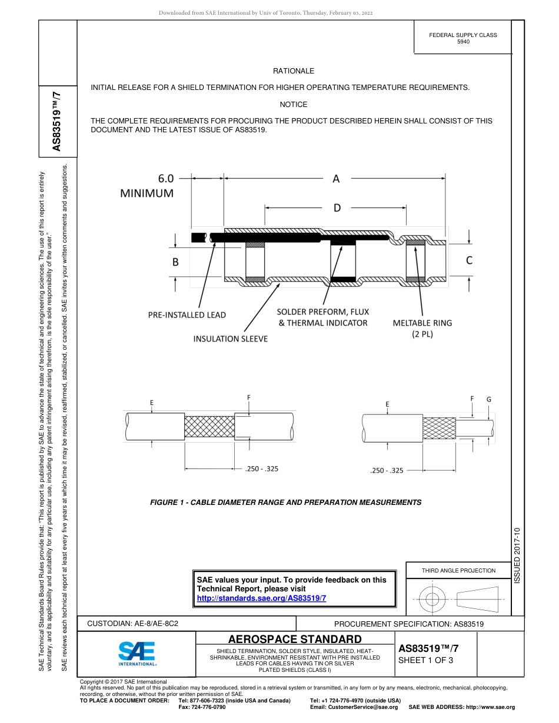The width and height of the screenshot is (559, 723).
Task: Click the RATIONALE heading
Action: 293,71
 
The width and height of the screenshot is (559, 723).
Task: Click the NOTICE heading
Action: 293,105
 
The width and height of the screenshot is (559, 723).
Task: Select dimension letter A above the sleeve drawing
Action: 336,179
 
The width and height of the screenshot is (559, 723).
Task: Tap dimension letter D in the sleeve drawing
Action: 337,207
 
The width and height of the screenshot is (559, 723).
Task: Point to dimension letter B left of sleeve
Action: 175,262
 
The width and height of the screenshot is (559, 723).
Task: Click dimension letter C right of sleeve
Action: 469,260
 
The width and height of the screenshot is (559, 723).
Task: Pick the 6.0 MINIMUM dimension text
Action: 148,185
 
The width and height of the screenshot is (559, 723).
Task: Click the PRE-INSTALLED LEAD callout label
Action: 187,315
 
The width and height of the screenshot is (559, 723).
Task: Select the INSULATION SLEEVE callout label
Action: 231,339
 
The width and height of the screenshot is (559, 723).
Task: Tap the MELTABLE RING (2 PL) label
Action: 422,328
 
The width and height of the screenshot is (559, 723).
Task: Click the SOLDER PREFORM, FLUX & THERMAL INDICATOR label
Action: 323,317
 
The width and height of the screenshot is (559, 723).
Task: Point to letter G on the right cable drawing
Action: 488,399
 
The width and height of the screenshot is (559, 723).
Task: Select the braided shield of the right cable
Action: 439,428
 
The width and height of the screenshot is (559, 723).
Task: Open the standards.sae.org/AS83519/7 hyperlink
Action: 261,598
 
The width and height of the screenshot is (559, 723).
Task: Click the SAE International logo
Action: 138,653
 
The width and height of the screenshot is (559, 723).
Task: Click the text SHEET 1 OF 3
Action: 426,660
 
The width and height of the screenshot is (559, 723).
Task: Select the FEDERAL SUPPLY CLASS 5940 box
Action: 462,38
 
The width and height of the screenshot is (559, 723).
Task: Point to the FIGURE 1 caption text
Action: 285,503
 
